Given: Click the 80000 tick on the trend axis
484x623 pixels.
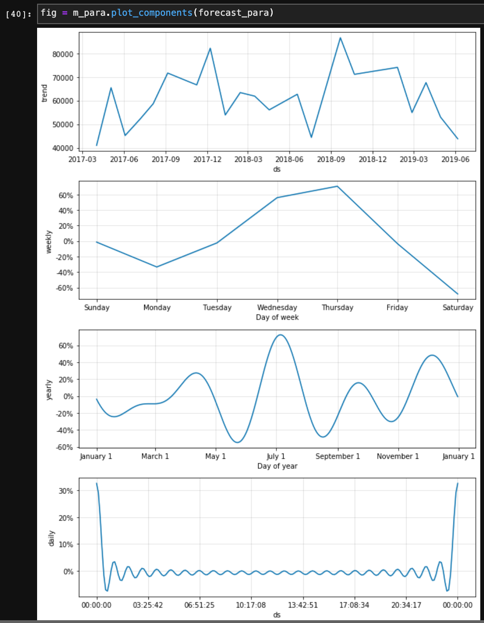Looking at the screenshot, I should click(63, 54).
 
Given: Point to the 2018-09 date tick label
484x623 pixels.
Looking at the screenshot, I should click(331, 159).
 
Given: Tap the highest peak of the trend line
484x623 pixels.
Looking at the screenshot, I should click(340, 38).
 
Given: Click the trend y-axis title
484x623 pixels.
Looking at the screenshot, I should click(45, 93).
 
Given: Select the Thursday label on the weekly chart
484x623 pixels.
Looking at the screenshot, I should click(337, 307).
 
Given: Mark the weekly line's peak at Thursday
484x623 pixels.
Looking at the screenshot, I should click(337, 186).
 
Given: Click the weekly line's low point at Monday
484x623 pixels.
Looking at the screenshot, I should click(157, 267).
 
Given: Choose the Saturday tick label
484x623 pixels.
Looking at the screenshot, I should click(458, 307).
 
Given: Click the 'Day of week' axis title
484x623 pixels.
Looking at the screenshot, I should click(277, 318).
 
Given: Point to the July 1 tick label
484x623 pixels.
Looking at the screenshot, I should click(276, 456).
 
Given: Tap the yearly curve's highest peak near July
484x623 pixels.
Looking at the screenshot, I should click(280, 335).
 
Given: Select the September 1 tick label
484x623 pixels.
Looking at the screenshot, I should click(338, 456).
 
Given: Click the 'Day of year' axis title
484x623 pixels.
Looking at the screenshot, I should click(277, 466).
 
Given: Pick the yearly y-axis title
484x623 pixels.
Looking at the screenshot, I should click(49, 389).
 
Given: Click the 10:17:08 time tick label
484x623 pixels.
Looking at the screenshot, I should click(251, 605).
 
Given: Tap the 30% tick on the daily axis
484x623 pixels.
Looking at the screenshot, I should click(66, 491).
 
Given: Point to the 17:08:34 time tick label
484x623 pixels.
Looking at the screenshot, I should click(354, 605).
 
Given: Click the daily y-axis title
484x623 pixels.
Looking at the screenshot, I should click(51, 538).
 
